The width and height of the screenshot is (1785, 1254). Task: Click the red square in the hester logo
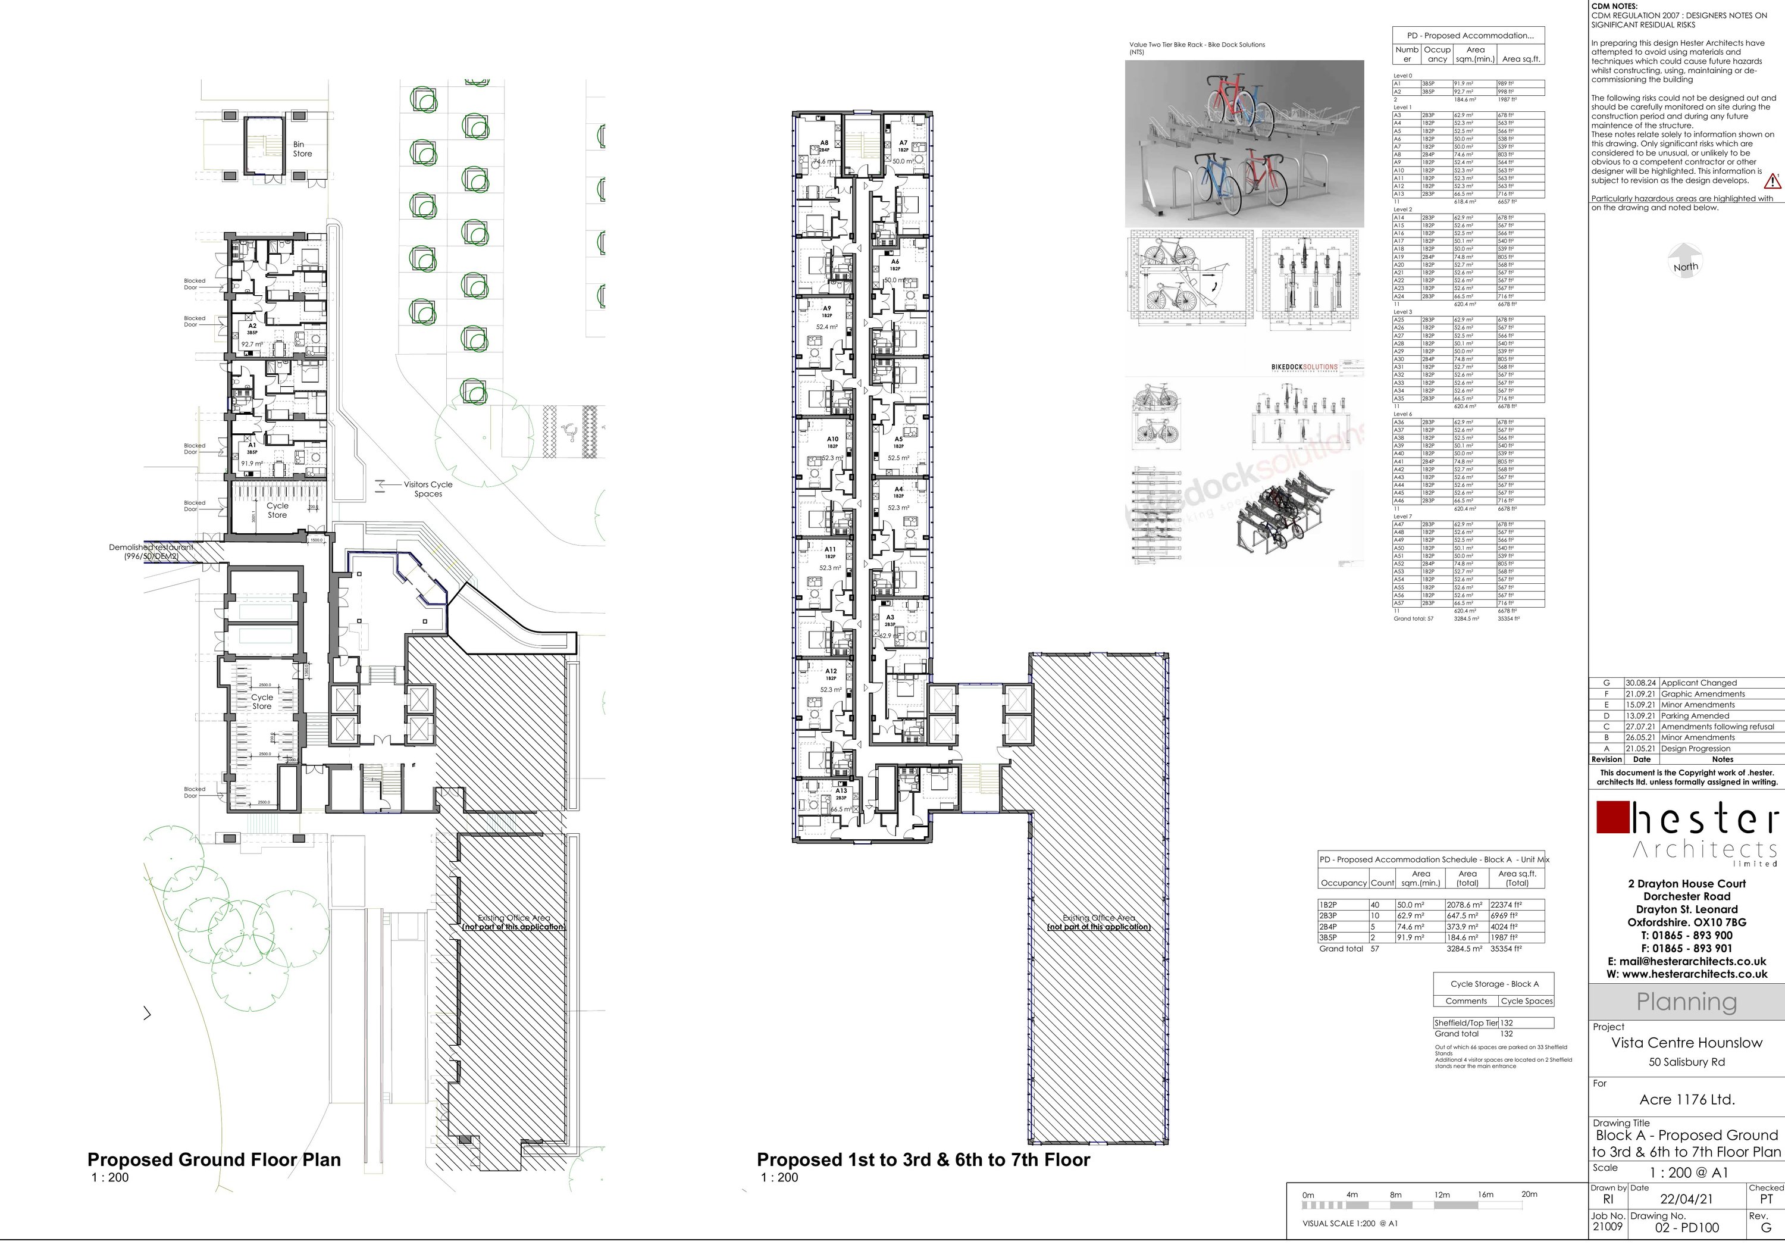coord(1612,817)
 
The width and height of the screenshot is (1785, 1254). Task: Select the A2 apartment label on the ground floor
coord(252,327)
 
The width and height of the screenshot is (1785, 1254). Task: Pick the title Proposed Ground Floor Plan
coord(214,1160)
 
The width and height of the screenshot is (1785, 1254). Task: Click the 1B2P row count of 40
coord(1375,905)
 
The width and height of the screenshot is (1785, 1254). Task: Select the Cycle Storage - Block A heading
coord(1494,983)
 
